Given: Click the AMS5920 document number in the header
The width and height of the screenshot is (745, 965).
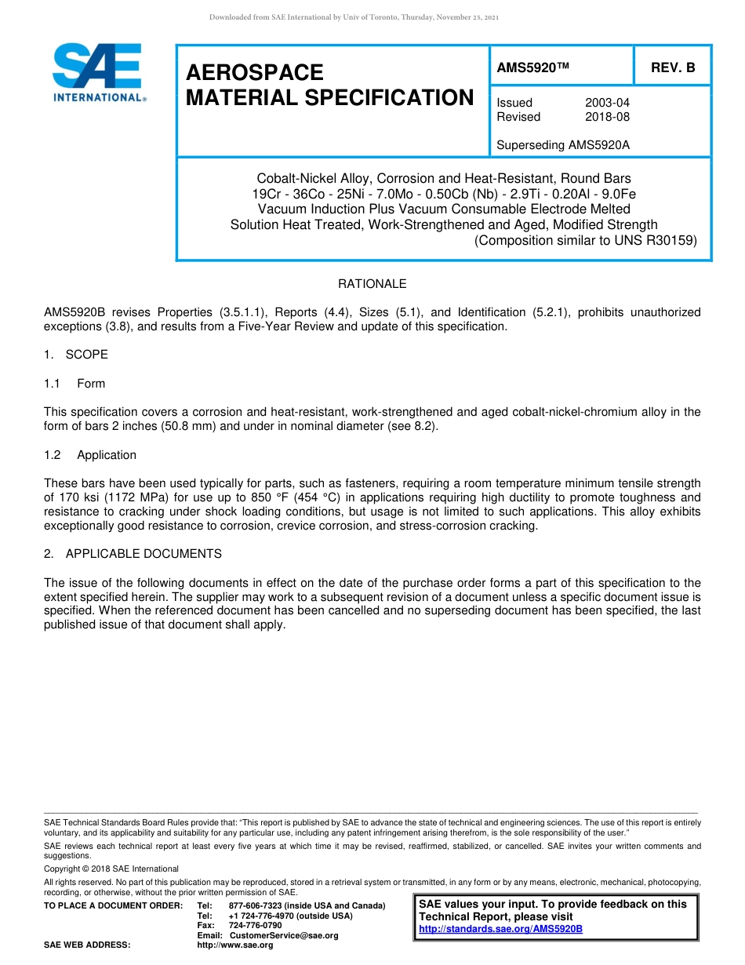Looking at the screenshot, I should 532,67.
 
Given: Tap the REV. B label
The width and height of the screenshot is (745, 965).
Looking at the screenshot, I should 673,67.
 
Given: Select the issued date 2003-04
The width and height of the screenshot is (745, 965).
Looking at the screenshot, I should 607,103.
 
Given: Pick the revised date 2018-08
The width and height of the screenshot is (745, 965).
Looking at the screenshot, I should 607,117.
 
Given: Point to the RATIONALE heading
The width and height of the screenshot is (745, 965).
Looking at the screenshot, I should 372,283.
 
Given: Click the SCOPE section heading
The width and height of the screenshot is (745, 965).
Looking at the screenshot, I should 86,354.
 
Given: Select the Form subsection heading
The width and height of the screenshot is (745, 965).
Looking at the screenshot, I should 91,384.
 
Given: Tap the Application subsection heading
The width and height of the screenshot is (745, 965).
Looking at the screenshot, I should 106,455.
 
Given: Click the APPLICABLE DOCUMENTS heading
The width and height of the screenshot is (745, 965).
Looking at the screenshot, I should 144,554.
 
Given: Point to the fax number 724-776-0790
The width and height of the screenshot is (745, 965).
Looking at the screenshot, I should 255,926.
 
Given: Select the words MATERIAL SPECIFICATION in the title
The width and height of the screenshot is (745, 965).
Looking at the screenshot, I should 329,98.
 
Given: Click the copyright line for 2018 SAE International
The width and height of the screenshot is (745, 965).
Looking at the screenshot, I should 111,868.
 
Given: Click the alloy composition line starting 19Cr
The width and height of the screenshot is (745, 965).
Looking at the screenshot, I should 444,194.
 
